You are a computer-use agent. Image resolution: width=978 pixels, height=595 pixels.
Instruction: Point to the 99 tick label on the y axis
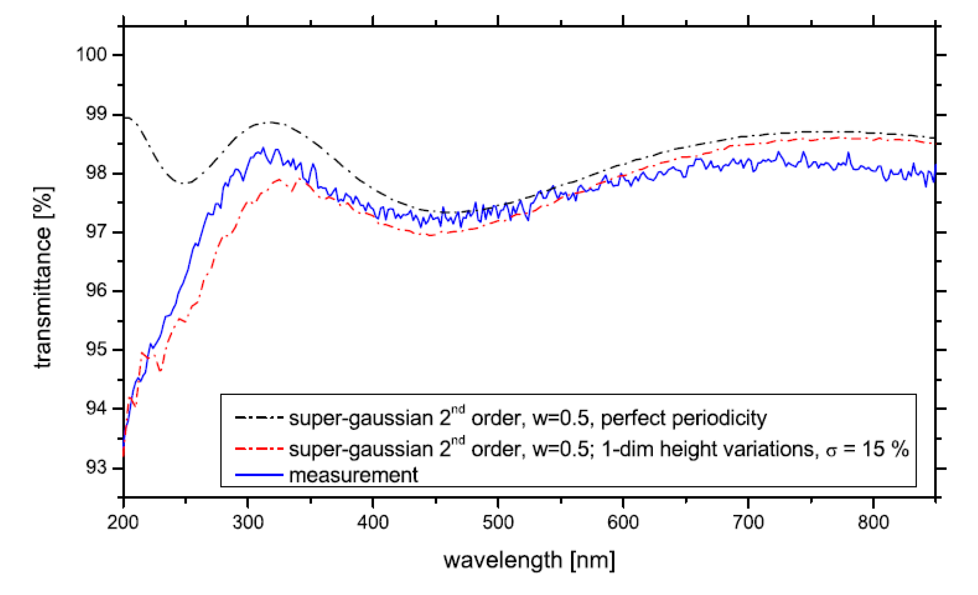pos(96,114)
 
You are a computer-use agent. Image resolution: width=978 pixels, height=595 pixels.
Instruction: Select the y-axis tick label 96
pos(96,291)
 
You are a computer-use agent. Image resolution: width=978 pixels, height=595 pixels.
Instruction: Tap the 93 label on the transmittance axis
pos(96,468)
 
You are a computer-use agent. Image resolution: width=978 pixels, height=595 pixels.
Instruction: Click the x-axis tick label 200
pos(123,522)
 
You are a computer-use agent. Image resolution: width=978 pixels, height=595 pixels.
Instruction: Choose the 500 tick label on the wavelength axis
pos(498,522)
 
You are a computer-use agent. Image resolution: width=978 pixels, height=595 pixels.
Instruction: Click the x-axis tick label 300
pos(248,522)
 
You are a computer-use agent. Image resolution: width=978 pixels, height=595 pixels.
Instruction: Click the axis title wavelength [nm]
pos(529,561)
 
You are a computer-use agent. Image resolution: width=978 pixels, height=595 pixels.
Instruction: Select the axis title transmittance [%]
pos(43,278)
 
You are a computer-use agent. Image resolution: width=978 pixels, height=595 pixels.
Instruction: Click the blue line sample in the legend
pos(259,475)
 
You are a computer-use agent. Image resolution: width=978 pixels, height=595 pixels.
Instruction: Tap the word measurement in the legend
pos(353,475)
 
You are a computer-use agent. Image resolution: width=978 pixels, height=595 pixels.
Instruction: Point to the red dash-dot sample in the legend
pos(259,449)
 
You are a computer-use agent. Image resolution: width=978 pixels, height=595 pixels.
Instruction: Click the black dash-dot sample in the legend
pos(259,418)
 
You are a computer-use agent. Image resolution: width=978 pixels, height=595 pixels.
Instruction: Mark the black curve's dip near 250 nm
pos(183,183)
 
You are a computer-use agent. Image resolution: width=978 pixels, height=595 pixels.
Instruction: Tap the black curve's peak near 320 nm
pos(270,122)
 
